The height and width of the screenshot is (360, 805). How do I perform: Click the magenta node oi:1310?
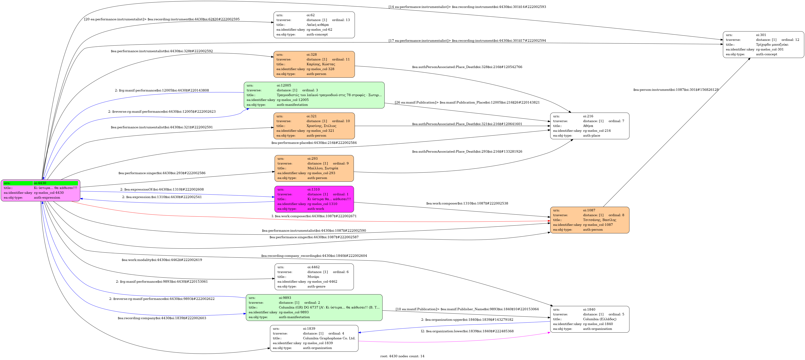tap(314, 199)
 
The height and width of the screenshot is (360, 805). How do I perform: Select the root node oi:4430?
tap(41, 190)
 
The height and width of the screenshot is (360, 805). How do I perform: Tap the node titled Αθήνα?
tap(590, 126)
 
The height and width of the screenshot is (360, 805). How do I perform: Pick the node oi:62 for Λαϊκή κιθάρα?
tap(314, 25)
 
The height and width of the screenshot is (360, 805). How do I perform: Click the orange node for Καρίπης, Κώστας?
tap(314, 64)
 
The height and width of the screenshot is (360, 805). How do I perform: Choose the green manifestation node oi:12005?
tap(314, 95)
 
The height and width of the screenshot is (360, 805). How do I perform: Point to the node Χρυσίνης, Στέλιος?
tap(314, 126)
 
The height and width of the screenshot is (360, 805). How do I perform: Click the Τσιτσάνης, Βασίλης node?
tap(590, 220)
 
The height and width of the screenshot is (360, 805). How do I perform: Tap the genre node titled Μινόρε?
tap(314, 277)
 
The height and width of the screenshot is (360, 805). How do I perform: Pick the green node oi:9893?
tap(314, 307)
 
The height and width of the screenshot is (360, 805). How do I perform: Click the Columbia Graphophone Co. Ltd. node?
tap(314, 338)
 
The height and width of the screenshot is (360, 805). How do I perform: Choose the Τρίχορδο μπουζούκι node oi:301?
tap(763, 45)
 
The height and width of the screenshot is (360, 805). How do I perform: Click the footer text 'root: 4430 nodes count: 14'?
tap(402, 356)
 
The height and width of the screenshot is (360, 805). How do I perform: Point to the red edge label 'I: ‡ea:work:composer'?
tap(314, 216)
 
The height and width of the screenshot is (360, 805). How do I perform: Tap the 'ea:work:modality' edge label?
tap(162, 260)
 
